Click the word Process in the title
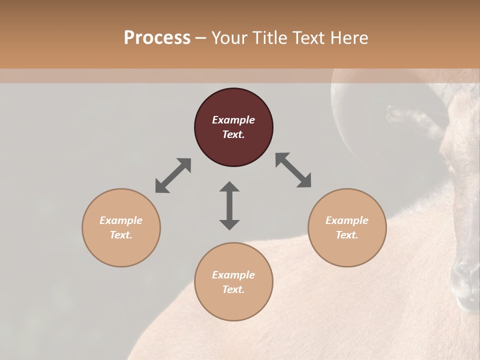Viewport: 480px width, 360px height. pyautogui.click(x=157, y=38)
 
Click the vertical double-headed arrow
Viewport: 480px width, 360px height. pyautogui.click(x=229, y=205)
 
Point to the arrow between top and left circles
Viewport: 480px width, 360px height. pyautogui.click(x=173, y=175)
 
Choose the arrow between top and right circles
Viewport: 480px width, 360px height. pyautogui.click(x=293, y=170)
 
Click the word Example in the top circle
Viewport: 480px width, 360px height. pyautogui.click(x=233, y=120)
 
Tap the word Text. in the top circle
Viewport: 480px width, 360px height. pyautogui.click(x=233, y=134)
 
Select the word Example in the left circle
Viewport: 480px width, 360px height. pyautogui.click(x=121, y=220)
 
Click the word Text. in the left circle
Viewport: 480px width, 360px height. pyautogui.click(x=121, y=235)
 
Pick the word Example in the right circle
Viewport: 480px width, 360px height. pyautogui.click(x=347, y=220)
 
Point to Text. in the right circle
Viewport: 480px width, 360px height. pyautogui.click(x=347, y=235)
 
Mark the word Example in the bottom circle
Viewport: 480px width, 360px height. pyautogui.click(x=233, y=275)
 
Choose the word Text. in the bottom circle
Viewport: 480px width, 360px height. pyautogui.click(x=233, y=289)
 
